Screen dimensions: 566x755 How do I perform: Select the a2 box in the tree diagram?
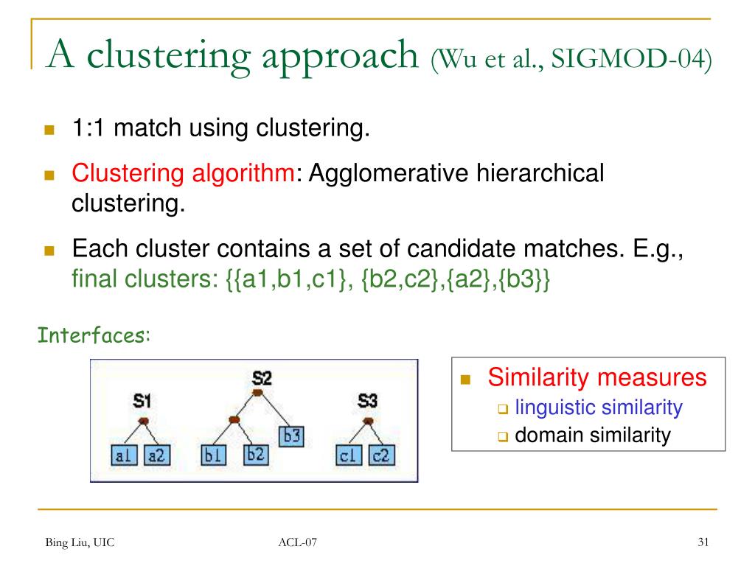click(156, 456)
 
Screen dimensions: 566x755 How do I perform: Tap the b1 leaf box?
click(214, 456)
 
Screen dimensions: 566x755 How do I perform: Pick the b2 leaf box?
click(255, 454)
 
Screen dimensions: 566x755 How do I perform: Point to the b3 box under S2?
click(293, 436)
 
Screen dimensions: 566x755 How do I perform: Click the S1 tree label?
click(142, 401)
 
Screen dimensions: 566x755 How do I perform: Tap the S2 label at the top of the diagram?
click(262, 378)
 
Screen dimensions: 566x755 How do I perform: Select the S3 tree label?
click(367, 401)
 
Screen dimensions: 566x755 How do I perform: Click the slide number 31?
click(703, 543)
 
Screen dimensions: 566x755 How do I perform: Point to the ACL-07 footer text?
click(298, 544)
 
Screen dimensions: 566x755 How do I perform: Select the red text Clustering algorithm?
click(183, 174)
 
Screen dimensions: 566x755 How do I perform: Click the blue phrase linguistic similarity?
click(598, 407)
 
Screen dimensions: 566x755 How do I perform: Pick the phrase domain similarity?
click(592, 435)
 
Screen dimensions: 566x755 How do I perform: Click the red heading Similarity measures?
click(596, 378)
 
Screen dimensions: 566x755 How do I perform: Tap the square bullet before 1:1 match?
click(50, 130)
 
